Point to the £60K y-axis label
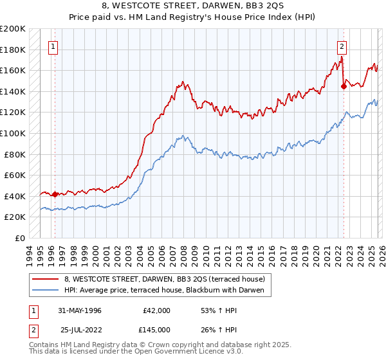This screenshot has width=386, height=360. pyautogui.click(x=14, y=175)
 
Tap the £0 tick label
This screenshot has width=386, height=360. pyautogui.click(x=19, y=238)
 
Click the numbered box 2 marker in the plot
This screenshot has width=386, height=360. pyautogui.click(x=342, y=46)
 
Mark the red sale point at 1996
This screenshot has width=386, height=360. pyautogui.click(x=55, y=194)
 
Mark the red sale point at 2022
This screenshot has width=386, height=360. pyautogui.click(x=344, y=87)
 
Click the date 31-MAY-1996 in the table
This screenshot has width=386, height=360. pyautogui.click(x=82, y=310)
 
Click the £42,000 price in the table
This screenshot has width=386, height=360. pyautogui.click(x=156, y=310)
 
